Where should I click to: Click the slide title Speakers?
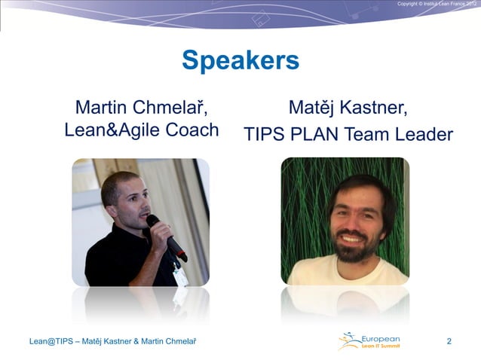point(240,60)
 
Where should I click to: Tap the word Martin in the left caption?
point(101,108)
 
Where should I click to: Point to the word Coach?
point(191,130)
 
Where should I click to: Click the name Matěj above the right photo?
point(313,108)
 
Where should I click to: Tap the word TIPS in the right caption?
point(262,135)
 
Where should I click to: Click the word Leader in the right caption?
point(421,135)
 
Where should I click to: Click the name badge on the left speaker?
point(180,276)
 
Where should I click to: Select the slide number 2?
point(449,343)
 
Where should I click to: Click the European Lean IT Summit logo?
point(369,342)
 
